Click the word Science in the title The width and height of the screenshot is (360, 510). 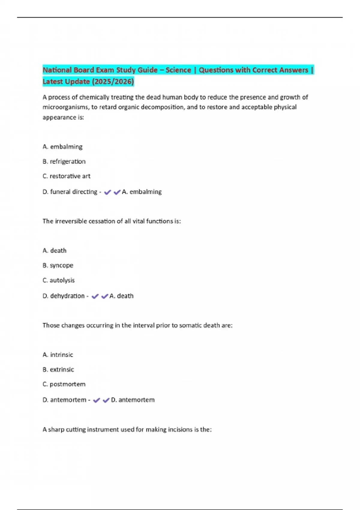[x=178, y=70]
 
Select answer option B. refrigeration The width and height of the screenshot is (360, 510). [x=64, y=161]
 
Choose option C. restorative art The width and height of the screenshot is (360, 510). [x=66, y=176]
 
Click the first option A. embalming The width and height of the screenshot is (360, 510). [x=62, y=147]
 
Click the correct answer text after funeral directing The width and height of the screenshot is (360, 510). [x=142, y=192]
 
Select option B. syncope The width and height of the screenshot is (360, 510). [x=58, y=265]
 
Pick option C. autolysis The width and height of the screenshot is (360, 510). [x=58, y=280]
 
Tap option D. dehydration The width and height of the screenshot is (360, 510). [x=64, y=296]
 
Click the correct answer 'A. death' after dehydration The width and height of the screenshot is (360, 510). [x=121, y=296]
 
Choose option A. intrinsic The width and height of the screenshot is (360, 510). [x=58, y=355]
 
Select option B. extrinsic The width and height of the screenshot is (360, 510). [x=58, y=369]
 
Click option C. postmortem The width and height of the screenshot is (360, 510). [x=64, y=384]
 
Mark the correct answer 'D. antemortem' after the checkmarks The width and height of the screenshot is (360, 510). [x=133, y=400]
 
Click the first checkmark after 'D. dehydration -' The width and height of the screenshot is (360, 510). [x=95, y=296]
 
